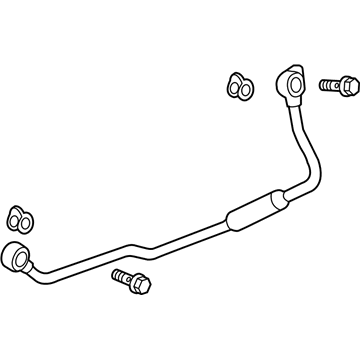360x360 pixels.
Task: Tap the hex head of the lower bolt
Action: (x=142, y=286)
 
